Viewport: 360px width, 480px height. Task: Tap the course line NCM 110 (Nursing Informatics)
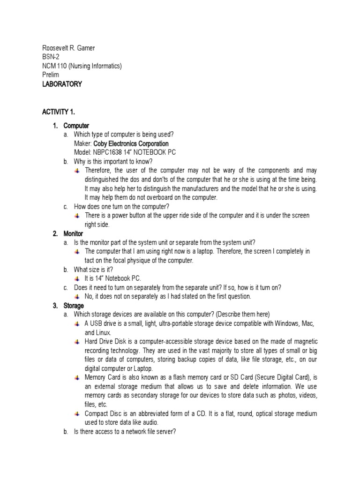tap(82, 66)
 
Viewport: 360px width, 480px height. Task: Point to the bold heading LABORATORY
tap(62, 84)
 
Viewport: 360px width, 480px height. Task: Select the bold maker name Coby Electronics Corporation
tap(131, 143)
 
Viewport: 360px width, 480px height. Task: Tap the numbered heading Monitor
tap(73, 233)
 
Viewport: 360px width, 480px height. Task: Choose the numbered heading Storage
tap(74, 306)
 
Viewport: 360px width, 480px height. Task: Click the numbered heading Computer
tap(76, 126)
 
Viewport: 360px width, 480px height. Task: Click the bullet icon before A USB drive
tap(78, 324)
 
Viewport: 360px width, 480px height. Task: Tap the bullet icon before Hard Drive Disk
tap(78, 342)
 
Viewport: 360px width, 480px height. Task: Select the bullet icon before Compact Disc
tap(78, 414)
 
